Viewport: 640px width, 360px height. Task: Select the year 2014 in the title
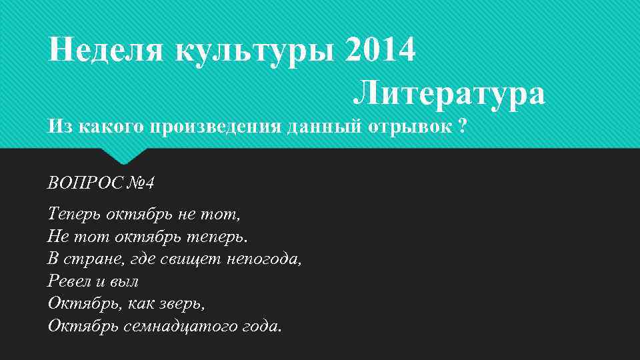[381, 49]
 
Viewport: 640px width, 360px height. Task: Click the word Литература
[449, 93]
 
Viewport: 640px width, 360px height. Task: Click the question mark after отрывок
[463, 126]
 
